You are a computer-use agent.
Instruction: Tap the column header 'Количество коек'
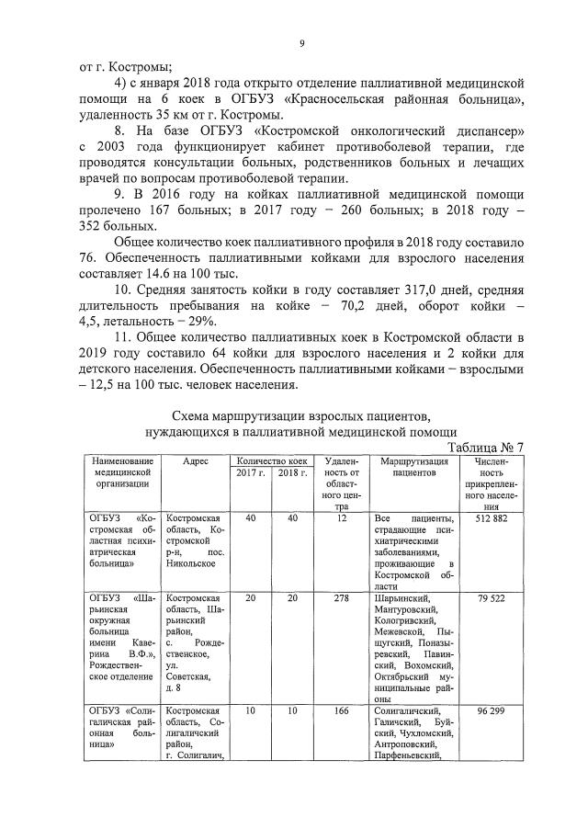pos(270,460)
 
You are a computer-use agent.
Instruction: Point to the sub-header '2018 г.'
pos(291,472)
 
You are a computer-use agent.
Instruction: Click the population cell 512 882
pos(492,518)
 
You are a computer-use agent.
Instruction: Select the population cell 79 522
pos(492,597)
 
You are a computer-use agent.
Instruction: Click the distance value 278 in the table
pos(341,597)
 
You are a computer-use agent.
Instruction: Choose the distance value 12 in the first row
pos(341,518)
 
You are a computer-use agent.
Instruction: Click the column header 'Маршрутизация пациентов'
pos(413,466)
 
